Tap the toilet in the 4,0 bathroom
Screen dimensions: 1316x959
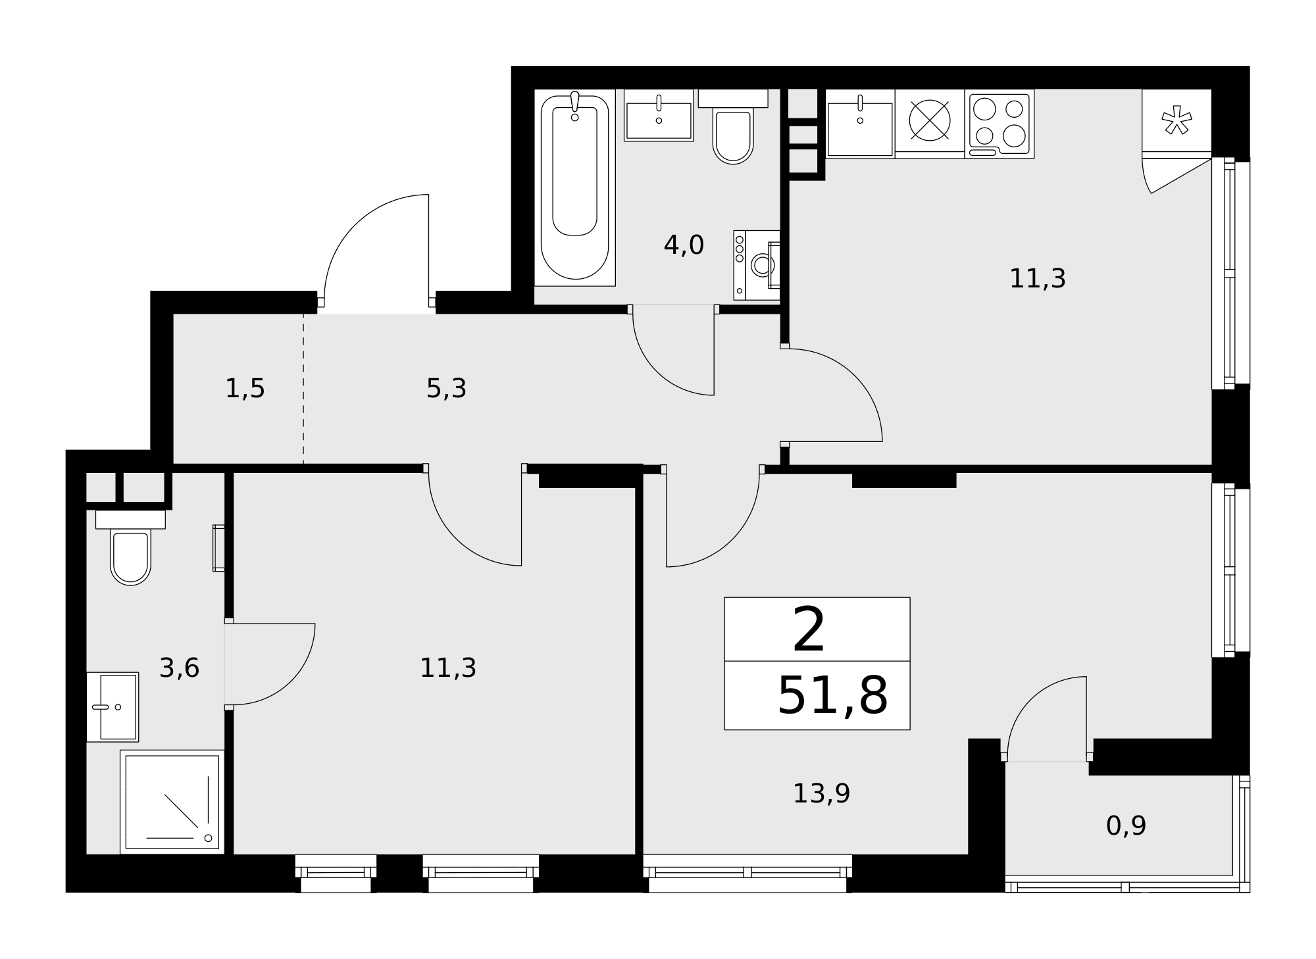click(733, 126)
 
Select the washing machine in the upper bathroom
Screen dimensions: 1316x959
click(757, 265)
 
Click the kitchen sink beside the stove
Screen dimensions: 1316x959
click(860, 124)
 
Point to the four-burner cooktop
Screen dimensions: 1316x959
click(1000, 124)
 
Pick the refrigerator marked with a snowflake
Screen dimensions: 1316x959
click(1177, 123)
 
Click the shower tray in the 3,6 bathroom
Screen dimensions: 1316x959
click(172, 802)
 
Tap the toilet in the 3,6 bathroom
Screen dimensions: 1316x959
click(130, 547)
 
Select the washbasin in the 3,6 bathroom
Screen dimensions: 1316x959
click(113, 707)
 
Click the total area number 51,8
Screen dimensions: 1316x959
click(832, 696)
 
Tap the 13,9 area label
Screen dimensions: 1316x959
click(821, 794)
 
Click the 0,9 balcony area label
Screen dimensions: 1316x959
click(1126, 825)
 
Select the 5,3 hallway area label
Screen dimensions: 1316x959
click(446, 389)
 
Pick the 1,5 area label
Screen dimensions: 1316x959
click(245, 389)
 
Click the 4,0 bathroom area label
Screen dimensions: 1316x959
click(684, 245)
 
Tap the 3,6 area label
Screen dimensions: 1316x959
click(179, 668)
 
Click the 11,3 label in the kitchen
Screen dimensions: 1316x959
click(1037, 279)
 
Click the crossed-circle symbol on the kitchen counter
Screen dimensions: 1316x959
click(930, 120)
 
